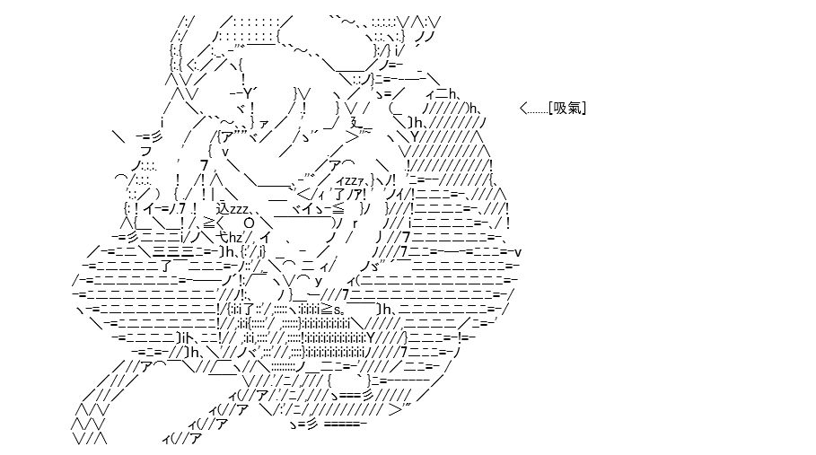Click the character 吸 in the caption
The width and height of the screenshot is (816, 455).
(x=560, y=109)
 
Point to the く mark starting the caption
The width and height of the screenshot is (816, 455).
(x=523, y=109)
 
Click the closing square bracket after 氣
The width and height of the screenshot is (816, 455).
(x=583, y=109)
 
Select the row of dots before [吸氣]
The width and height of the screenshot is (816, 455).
(x=538, y=112)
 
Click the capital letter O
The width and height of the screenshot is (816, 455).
(x=249, y=223)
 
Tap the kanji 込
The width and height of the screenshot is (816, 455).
(x=223, y=209)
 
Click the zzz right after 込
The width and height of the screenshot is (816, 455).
(x=240, y=210)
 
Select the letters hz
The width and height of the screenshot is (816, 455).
(x=235, y=238)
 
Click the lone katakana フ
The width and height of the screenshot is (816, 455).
(x=145, y=152)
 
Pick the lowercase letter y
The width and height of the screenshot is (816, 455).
(x=319, y=281)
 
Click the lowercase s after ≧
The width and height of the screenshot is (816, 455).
(x=337, y=311)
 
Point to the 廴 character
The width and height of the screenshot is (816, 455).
(x=356, y=123)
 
